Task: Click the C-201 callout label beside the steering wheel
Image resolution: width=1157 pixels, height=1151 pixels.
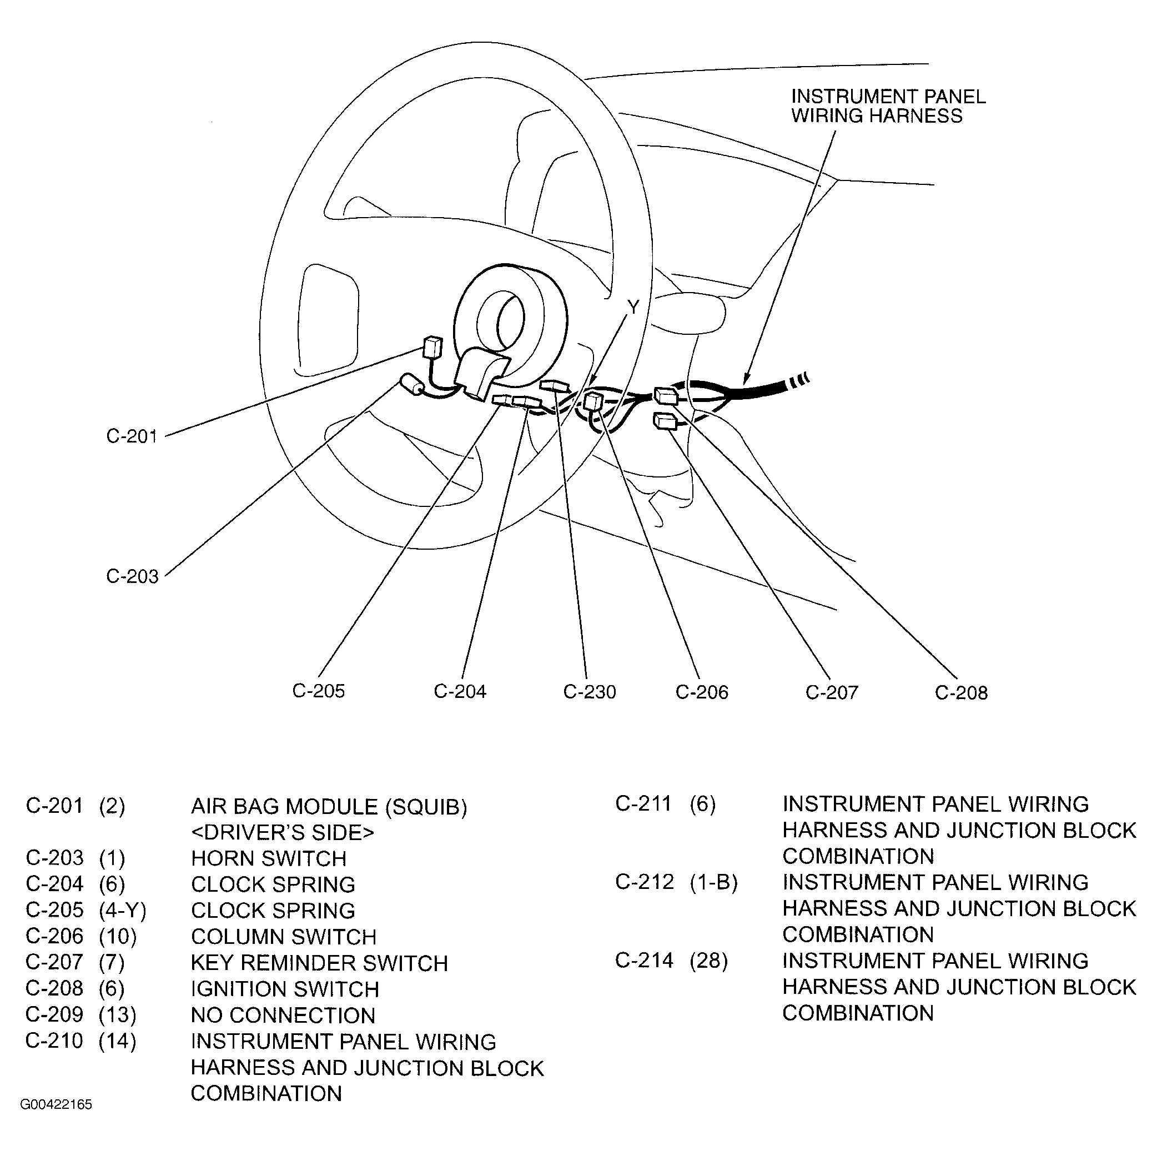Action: coord(132,436)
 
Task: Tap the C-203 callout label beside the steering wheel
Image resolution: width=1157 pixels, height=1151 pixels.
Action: coord(132,577)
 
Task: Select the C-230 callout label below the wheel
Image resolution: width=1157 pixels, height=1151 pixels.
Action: coord(589,692)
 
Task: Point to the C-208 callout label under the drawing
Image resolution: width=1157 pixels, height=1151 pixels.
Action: coord(960,693)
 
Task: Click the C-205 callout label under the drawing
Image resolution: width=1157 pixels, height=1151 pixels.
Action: coord(318,691)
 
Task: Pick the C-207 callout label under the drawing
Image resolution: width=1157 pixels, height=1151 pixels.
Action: coord(831,693)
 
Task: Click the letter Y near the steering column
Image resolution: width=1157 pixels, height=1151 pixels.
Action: coord(633,308)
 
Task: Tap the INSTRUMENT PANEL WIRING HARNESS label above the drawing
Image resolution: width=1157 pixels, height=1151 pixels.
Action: coord(888,106)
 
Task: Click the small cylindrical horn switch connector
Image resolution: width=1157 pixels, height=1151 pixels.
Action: coord(412,384)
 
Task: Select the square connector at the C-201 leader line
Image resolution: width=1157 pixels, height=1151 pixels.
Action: coord(432,348)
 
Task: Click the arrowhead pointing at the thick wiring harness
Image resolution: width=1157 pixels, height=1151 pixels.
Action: coord(746,379)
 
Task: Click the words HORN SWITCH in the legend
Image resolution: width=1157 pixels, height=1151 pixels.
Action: coord(268,859)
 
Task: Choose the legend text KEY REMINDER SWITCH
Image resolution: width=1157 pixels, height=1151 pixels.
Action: coord(319,963)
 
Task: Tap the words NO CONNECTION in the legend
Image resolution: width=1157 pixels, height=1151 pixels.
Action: coord(283,1016)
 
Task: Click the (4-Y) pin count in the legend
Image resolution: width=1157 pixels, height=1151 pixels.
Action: coord(122,911)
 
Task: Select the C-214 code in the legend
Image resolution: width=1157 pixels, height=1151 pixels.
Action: coord(644,961)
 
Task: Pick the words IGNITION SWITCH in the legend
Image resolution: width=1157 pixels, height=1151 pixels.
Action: coord(284,989)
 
